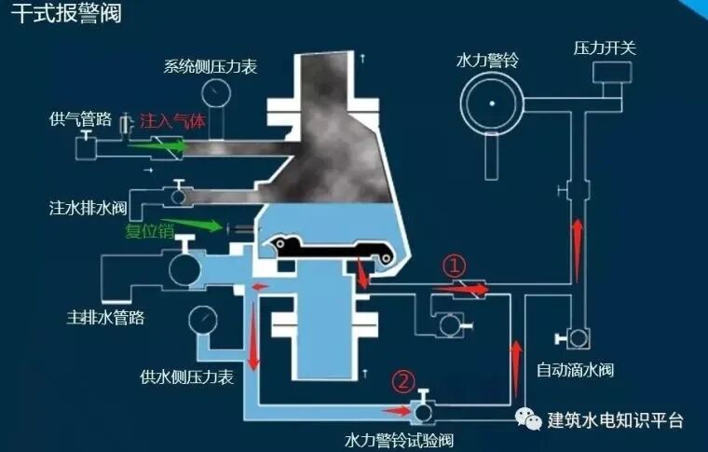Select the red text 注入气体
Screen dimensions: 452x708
(170, 121)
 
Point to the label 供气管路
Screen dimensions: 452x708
(81, 120)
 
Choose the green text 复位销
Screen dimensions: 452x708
(148, 230)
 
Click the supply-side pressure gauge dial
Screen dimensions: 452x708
(201, 320)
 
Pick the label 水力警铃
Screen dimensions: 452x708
(486, 60)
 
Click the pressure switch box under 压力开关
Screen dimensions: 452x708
(611, 89)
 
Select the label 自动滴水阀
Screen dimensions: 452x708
(575, 370)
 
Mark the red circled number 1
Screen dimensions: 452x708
(455, 266)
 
